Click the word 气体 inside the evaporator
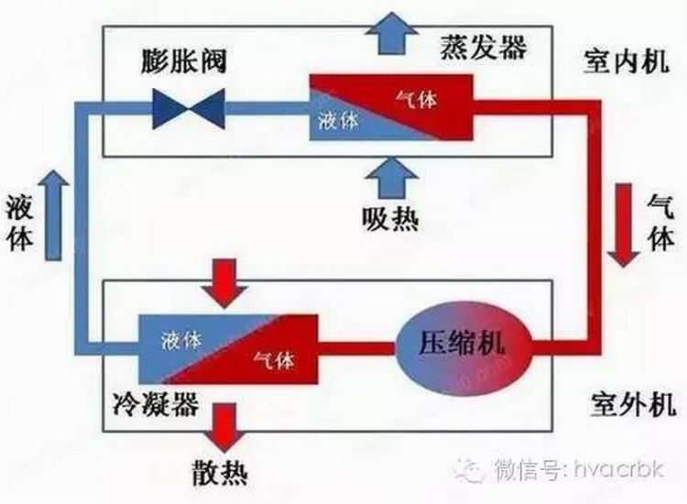pos(417,99)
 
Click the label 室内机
pos(620,62)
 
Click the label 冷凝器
pos(161,404)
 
